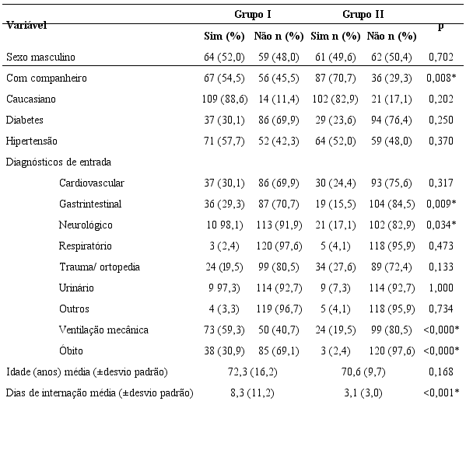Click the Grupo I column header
[253, 15]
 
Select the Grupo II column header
[363, 15]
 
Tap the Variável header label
[26, 25]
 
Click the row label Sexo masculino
[40, 57]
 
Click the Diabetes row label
[24, 120]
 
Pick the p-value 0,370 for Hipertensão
[440, 141]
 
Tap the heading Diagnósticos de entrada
[58, 162]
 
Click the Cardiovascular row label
[91, 183]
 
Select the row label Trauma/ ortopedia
[100, 267]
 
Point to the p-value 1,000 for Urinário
[440, 288]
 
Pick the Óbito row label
[72, 351]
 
